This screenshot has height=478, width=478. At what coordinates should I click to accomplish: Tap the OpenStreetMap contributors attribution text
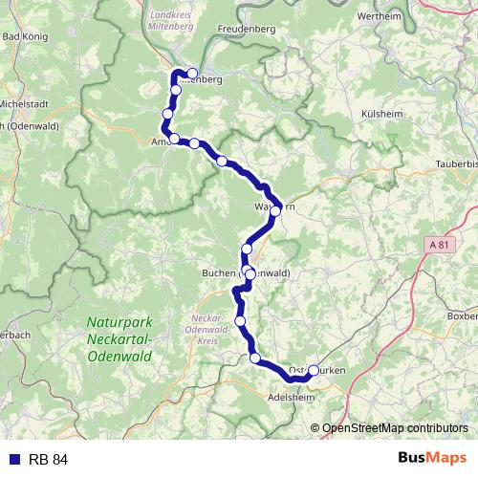(395, 428)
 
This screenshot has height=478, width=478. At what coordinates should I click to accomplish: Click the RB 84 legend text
(48, 459)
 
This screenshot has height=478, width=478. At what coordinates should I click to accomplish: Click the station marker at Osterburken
(314, 370)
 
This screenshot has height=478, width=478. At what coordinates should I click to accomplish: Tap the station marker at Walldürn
(275, 210)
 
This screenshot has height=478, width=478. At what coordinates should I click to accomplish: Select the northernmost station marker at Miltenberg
(192, 74)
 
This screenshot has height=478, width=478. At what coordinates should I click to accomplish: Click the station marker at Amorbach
(175, 139)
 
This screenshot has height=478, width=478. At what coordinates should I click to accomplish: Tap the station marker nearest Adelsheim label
(255, 358)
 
